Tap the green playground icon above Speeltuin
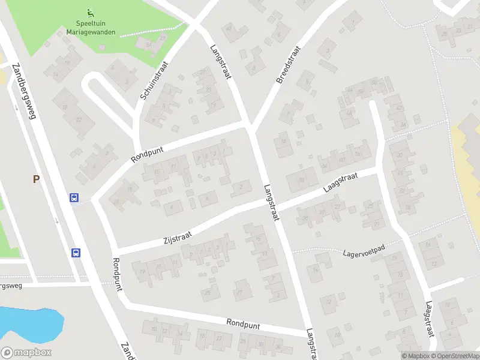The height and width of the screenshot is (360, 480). click(90, 12)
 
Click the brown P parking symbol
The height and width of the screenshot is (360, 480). click(36, 179)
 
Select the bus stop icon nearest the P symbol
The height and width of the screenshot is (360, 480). click(74, 198)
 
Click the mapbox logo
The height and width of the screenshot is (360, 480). click(26, 353)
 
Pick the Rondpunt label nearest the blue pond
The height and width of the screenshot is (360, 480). click(116, 275)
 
